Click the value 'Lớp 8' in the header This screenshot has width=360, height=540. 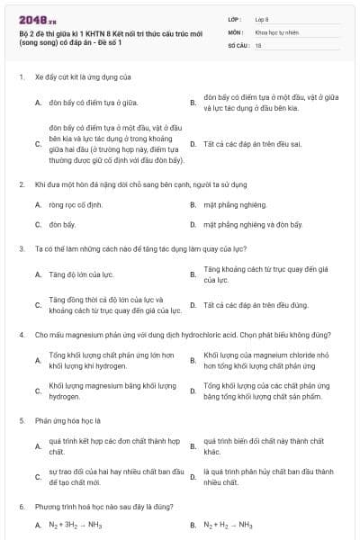(263, 18)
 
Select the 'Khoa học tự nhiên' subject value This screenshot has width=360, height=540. (276, 31)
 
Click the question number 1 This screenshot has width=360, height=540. (21, 78)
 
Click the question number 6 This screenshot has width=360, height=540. (21, 507)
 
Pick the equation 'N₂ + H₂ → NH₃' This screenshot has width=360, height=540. (229, 526)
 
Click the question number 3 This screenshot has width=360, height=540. (21, 247)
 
